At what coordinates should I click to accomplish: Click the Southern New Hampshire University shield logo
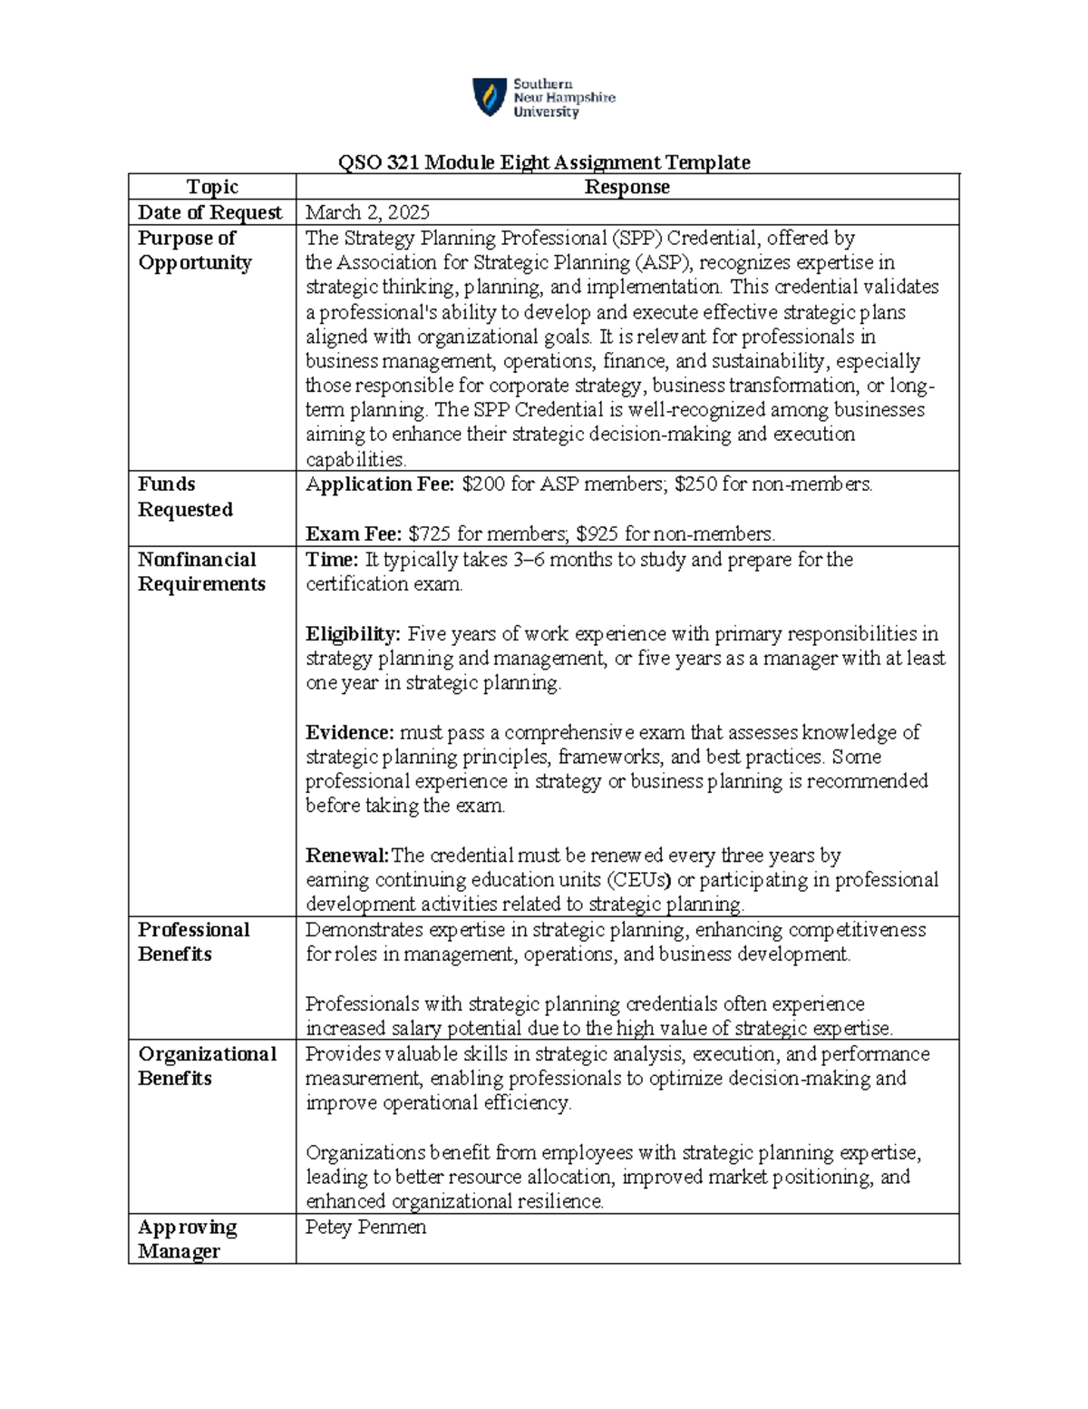(489, 97)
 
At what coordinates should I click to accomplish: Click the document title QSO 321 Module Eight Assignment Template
(544, 162)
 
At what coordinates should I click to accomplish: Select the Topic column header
(212, 187)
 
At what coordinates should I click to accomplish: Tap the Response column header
(627, 187)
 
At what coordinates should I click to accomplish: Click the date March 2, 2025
(367, 212)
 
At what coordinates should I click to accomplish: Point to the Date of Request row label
(209, 212)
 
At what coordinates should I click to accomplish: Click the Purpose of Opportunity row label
(194, 250)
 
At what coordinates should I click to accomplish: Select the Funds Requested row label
(185, 497)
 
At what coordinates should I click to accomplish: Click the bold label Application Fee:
(380, 484)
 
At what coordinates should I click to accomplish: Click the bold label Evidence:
(350, 732)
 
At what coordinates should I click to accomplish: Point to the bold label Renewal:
(347, 856)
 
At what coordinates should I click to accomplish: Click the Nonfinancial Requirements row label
(201, 572)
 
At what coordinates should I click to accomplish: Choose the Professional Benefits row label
(193, 942)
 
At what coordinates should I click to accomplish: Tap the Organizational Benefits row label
(207, 1066)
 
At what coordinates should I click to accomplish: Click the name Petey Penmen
(365, 1228)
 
